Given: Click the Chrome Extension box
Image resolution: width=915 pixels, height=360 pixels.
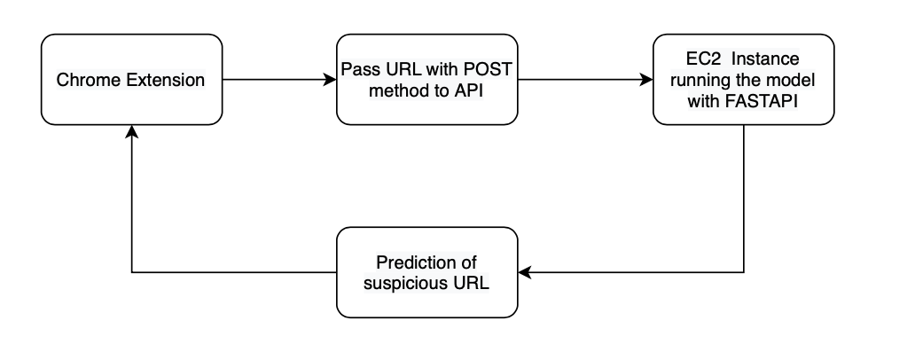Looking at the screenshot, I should [x=131, y=80].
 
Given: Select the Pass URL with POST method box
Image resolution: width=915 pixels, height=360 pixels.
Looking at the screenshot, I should [x=426, y=80].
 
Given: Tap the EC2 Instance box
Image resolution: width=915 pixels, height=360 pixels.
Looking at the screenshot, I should [x=743, y=80].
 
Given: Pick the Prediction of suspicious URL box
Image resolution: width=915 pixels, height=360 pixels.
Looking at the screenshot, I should [x=426, y=272].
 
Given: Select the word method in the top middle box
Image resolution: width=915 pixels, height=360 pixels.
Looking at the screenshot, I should [x=390, y=90].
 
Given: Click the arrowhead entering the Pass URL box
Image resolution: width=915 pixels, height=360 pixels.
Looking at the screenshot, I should [x=331, y=80].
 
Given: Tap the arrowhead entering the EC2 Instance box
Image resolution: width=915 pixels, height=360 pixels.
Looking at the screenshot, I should [x=646, y=80].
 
